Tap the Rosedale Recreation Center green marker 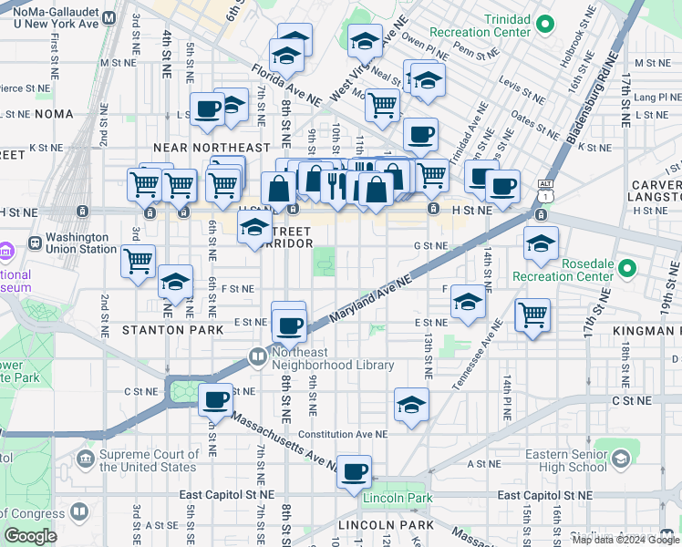tap(626, 269)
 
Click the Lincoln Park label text tap(398, 499)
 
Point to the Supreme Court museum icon tap(87, 458)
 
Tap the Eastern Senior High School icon tap(623, 457)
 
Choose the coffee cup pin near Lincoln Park tap(355, 471)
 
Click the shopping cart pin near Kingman tap(532, 315)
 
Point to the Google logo tap(30, 536)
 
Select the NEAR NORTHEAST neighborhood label tap(212, 147)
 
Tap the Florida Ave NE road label tap(287, 83)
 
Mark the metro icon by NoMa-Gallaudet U tap(109, 17)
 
